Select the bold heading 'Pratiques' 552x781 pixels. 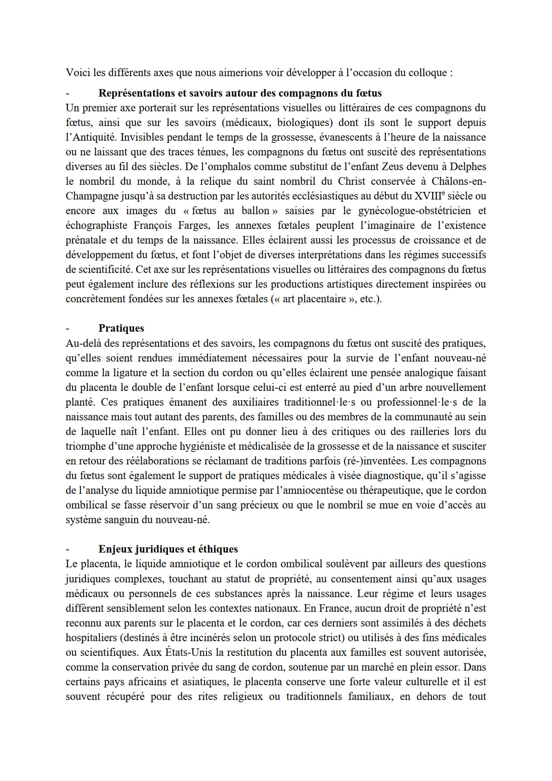(121, 328)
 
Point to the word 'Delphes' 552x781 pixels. (468, 167)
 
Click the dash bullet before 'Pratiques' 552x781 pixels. (68, 329)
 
